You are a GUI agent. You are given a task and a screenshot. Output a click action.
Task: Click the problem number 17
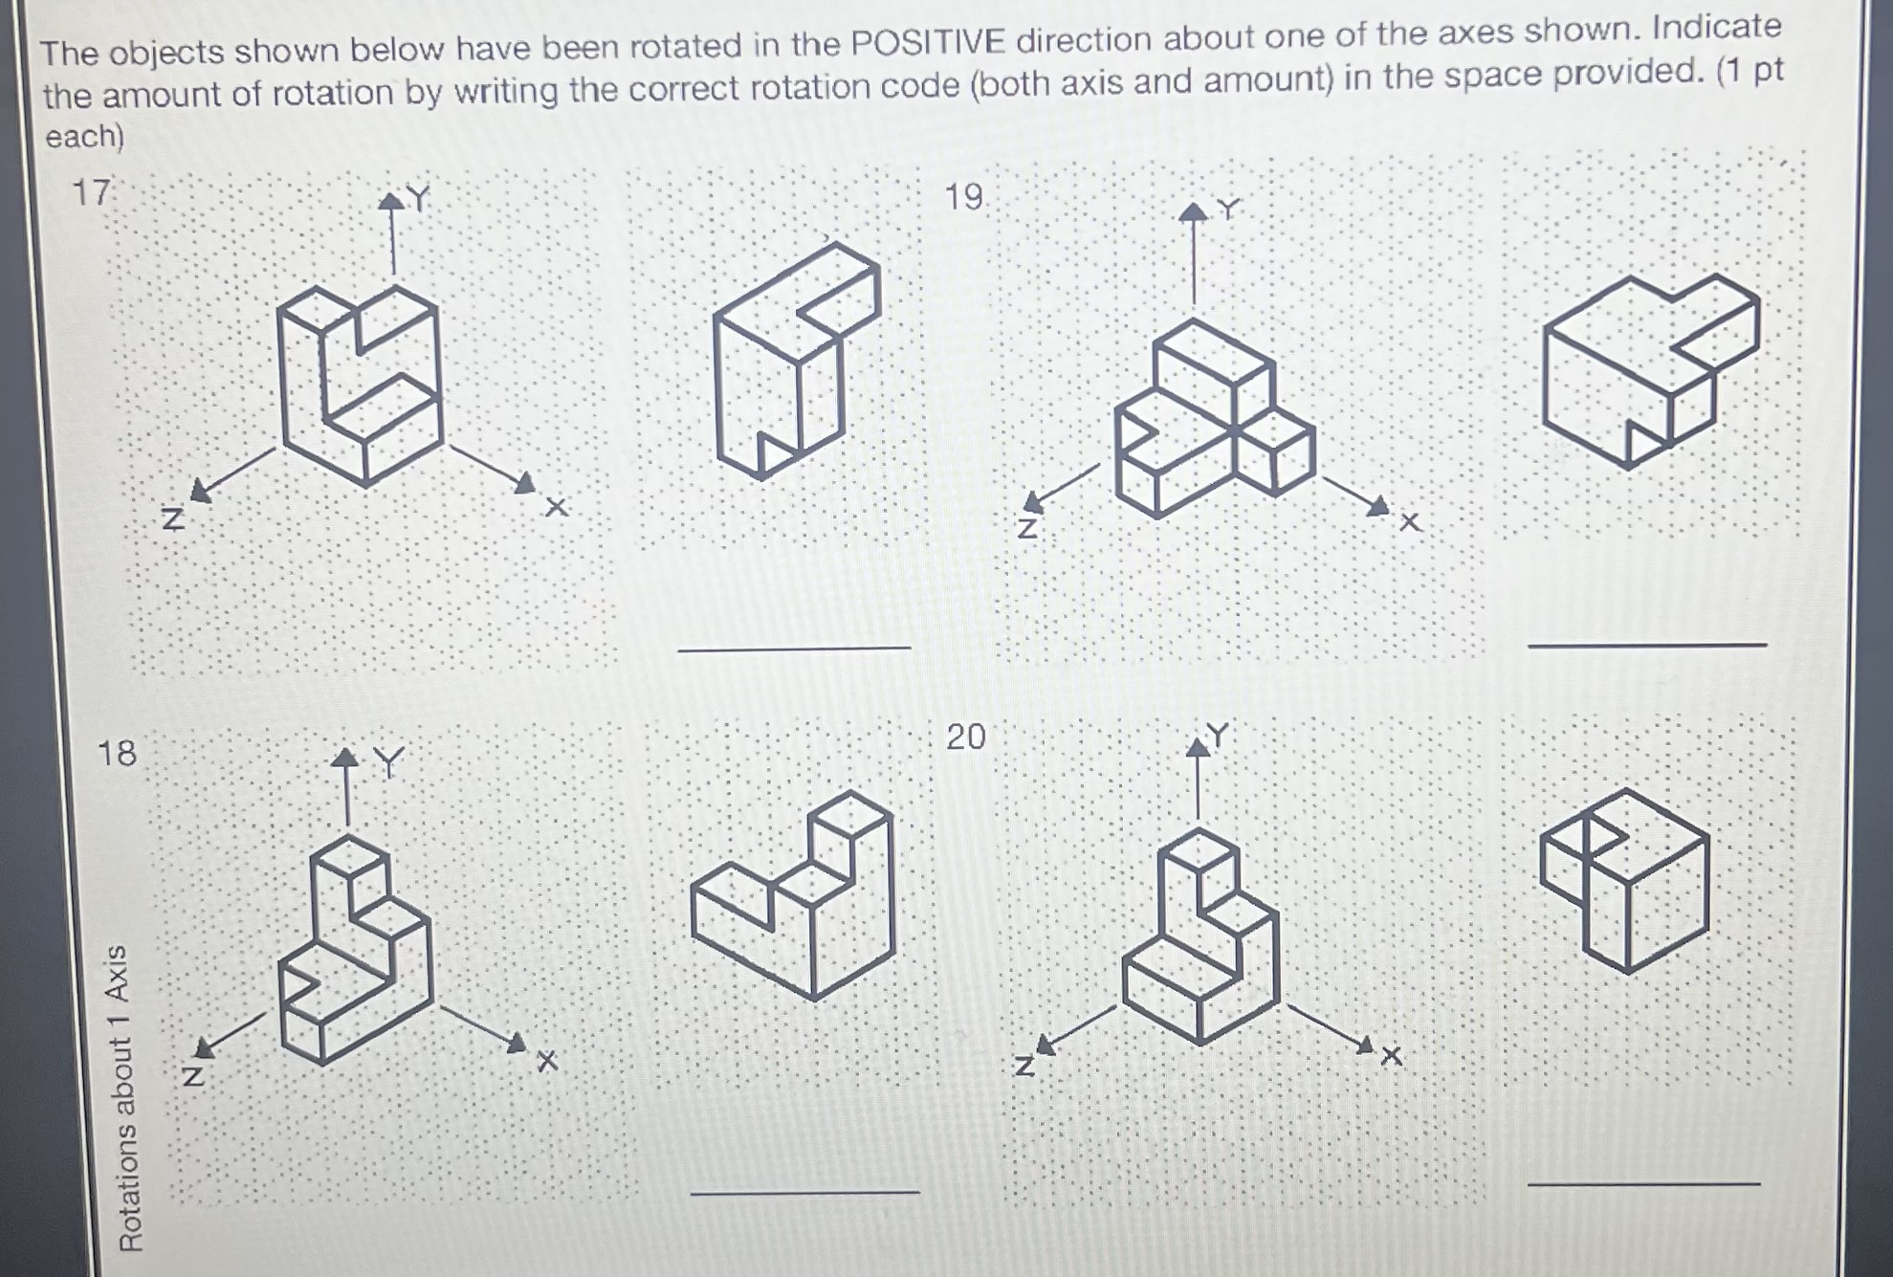pos(92,193)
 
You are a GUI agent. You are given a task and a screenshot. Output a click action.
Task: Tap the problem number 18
pos(117,754)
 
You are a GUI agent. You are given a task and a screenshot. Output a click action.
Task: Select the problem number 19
pos(964,197)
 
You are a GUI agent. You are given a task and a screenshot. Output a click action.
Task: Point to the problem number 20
pos(965,737)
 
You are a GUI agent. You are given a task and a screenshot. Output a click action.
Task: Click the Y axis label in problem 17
pos(418,198)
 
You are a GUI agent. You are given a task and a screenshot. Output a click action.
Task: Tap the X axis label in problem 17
pos(557,507)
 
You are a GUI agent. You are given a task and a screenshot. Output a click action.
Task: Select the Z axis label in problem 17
pos(172,518)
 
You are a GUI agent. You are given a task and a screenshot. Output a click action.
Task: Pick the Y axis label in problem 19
pos(1228,208)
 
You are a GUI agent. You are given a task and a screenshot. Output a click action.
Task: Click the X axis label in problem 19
pos(1410,522)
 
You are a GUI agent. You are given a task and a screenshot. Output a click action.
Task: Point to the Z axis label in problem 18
pos(193,1076)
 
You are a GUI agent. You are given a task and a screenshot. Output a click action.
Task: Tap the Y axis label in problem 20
pos(1218,735)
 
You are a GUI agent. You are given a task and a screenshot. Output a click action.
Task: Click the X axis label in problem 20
pos(1392,1056)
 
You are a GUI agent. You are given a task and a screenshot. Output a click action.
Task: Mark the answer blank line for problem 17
pos(794,650)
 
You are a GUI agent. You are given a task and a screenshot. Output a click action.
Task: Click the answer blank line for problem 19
pos(1647,646)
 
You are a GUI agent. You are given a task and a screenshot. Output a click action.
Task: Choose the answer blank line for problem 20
pos(1644,1184)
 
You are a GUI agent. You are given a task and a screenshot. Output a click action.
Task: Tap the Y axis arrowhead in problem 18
pos(345,758)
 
